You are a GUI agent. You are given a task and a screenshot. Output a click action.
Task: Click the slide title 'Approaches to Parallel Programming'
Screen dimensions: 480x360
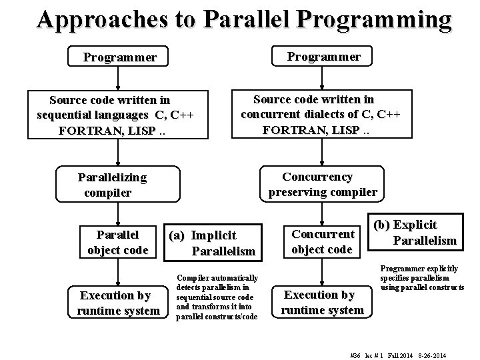244,20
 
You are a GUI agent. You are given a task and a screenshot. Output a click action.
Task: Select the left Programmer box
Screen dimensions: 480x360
119,57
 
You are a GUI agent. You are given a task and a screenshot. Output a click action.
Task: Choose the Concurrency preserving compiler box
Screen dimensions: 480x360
323,185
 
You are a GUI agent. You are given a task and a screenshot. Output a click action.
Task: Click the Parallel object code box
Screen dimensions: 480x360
118,243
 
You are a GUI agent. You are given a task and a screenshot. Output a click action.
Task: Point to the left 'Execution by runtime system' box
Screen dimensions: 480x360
118,303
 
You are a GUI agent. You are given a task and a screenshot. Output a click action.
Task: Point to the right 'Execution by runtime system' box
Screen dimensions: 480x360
322,302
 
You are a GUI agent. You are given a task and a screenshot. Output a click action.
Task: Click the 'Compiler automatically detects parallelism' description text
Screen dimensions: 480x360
216,297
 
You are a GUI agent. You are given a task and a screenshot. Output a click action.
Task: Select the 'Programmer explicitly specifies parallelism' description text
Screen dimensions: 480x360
421,277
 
